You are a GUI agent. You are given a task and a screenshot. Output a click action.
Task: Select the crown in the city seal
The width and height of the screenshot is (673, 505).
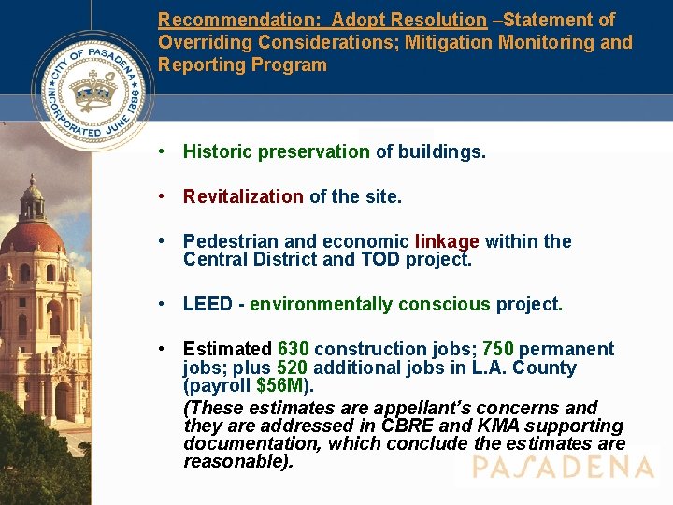click(x=93, y=92)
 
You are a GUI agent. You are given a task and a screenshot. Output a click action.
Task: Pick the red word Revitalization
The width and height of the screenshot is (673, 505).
click(x=243, y=196)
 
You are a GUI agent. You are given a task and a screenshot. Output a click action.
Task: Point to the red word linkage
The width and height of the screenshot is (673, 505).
click(x=447, y=241)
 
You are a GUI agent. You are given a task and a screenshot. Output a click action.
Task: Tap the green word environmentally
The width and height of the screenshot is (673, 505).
click(x=322, y=304)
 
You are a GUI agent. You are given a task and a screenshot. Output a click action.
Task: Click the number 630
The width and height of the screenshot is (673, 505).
click(x=294, y=349)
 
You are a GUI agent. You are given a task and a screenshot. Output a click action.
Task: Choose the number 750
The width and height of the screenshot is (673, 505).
click(x=498, y=349)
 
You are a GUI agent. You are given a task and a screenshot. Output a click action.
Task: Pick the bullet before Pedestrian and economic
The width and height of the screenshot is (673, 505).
click(x=163, y=241)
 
